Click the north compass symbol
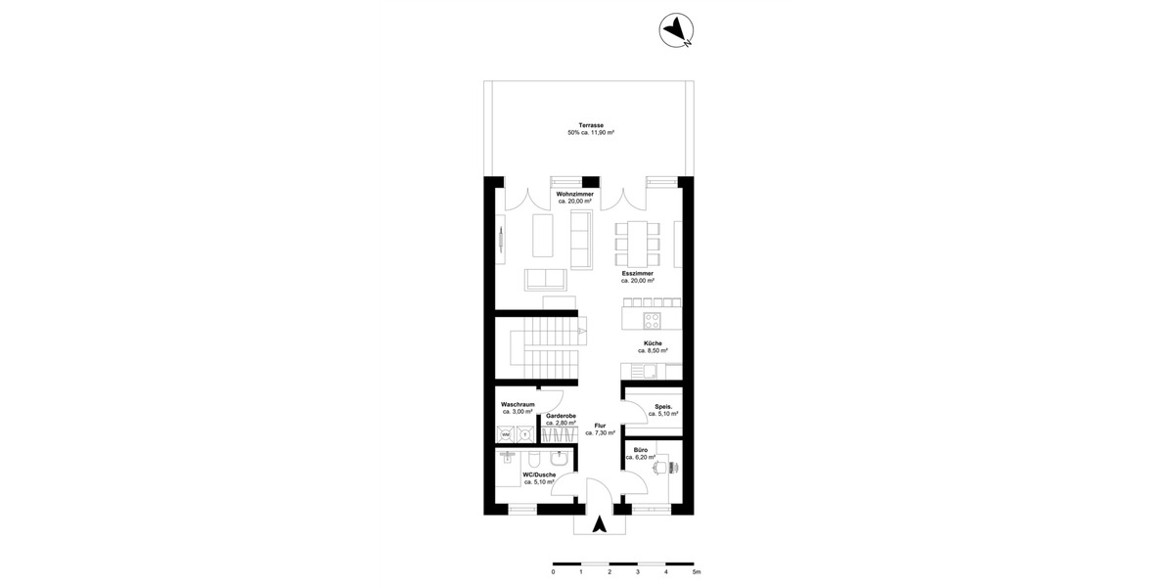pos(677,31)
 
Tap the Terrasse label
pos(590,125)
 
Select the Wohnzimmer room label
pos(574,194)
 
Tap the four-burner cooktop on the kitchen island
pos(652,320)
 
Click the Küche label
pos(653,343)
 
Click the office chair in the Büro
pos(662,467)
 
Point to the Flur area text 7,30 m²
pos(600,432)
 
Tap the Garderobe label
pos(561,416)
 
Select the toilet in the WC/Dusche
pos(534,460)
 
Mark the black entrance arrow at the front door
pos(601,524)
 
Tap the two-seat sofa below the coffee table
pos(545,280)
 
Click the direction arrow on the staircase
pos(582,332)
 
